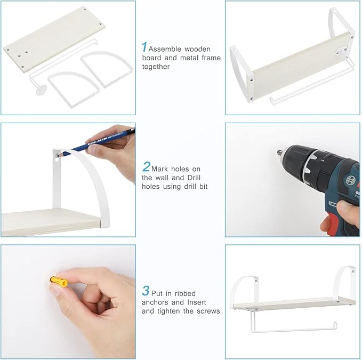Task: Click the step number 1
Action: (144, 47)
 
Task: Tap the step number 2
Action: (146, 167)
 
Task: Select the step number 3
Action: (146, 291)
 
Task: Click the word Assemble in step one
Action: (165, 49)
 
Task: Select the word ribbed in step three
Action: (185, 293)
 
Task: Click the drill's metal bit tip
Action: (279, 153)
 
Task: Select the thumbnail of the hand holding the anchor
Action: (68, 302)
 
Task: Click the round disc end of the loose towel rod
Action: (41, 90)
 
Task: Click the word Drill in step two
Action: (194, 178)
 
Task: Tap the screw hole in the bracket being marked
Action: (57, 155)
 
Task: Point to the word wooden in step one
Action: (197, 49)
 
